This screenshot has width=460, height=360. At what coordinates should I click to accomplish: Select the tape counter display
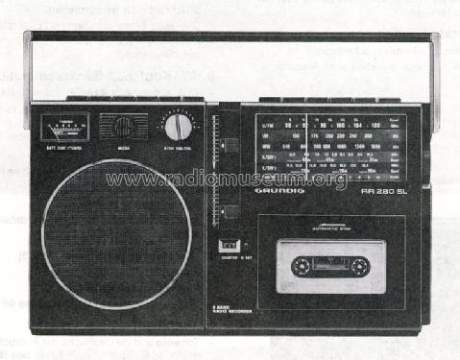(228, 246)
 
